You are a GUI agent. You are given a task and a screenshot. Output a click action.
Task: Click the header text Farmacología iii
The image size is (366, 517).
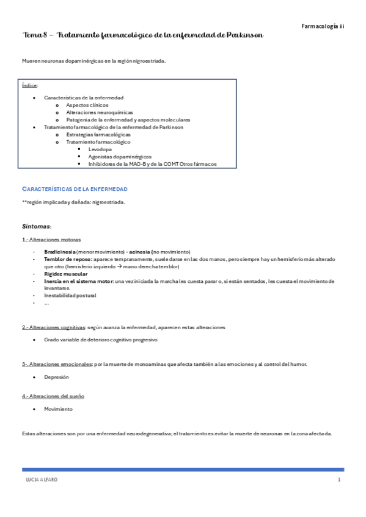point(323,26)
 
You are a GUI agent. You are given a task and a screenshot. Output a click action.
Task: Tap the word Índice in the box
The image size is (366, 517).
point(29,85)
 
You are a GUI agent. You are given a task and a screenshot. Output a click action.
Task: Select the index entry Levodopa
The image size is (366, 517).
point(100,148)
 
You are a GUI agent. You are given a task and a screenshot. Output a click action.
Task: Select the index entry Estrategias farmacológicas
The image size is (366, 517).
point(98,134)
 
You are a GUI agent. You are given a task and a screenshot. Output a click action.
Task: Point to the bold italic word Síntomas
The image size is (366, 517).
point(36,226)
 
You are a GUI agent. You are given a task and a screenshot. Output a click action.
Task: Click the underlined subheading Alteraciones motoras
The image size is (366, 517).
point(54,240)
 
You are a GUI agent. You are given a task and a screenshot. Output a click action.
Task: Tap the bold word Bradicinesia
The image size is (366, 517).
point(60,252)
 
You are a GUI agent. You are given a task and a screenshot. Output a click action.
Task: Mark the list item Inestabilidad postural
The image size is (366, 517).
point(70,296)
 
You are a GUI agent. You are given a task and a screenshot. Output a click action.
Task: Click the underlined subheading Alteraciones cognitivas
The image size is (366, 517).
point(56,327)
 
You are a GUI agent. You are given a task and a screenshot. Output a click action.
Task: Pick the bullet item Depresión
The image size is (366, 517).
point(56,377)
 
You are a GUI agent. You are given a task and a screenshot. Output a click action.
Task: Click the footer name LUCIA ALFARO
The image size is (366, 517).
point(42,480)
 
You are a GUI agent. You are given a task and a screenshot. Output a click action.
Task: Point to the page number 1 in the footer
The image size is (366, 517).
point(339,480)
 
